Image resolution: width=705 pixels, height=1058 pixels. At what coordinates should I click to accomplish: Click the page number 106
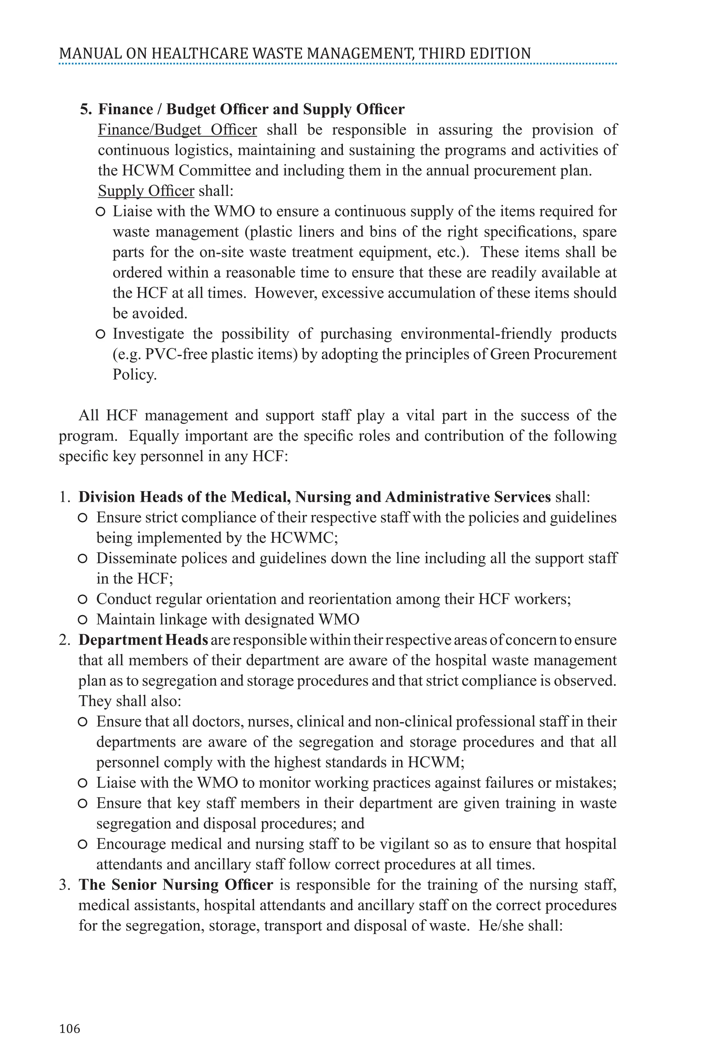point(70,1028)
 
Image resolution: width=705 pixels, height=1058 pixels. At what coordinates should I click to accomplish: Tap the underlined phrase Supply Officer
point(146,191)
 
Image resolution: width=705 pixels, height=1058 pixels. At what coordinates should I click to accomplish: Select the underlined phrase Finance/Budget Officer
point(177,129)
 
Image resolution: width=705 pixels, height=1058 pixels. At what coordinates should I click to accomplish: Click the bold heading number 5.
point(85,109)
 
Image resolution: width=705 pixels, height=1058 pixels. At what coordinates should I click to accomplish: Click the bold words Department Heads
point(143,640)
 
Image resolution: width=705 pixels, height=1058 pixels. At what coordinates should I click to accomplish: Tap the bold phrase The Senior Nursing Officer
point(176,884)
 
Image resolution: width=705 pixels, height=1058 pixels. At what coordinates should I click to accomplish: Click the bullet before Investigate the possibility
point(101,334)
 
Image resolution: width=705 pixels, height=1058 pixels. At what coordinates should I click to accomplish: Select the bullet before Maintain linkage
point(82,620)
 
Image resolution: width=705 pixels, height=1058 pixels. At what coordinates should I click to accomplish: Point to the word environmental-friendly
point(476,334)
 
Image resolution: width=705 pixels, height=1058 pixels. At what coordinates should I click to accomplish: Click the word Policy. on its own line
point(135,375)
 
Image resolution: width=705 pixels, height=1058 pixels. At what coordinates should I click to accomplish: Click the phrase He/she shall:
point(520,925)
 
